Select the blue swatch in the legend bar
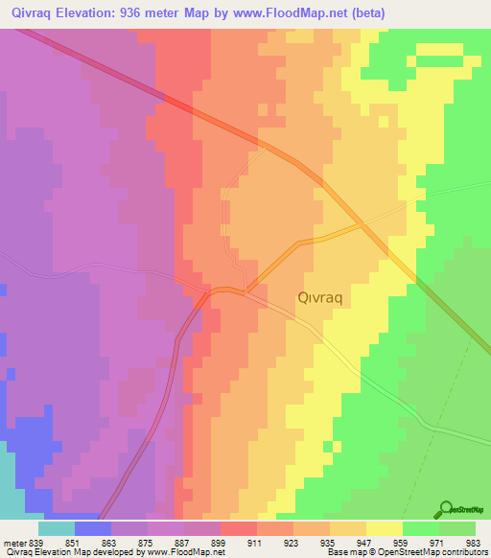[x=93, y=527]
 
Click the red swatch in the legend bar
[x=239, y=527]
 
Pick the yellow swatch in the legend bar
[x=385, y=527]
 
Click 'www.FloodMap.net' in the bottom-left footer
[x=185, y=552]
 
